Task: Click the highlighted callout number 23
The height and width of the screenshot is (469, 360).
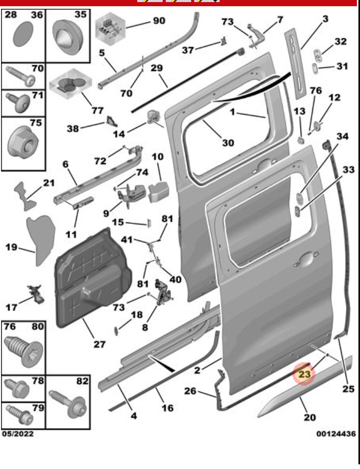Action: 304,373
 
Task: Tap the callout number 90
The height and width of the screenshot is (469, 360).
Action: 159,21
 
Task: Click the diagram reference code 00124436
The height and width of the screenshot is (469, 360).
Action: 335,433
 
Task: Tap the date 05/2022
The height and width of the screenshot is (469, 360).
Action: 18,434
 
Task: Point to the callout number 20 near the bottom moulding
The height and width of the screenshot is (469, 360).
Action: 309,417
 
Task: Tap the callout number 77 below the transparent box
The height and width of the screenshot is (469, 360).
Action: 97,110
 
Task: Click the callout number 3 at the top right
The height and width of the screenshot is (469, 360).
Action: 325,19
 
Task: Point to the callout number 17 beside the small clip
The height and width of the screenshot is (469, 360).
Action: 11,307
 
